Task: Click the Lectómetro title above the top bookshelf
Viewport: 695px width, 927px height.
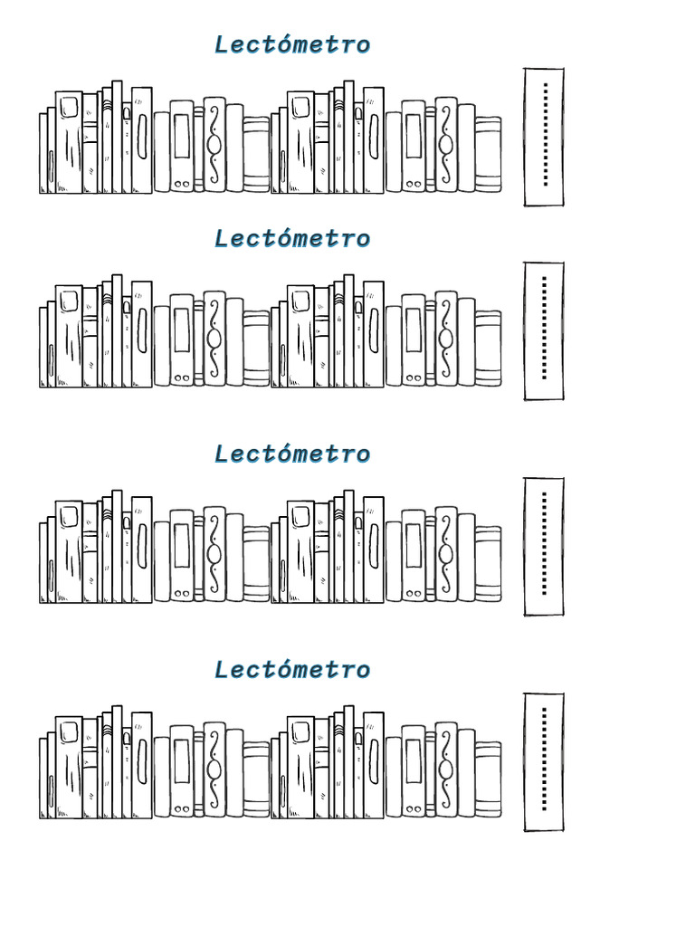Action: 292,44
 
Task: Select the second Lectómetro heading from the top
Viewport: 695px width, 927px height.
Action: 292,239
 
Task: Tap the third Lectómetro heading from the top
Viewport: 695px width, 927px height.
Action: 292,454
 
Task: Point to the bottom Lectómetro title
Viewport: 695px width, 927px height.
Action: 292,670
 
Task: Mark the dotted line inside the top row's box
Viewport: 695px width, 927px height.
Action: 545,134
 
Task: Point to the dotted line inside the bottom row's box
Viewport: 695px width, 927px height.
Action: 544,759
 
